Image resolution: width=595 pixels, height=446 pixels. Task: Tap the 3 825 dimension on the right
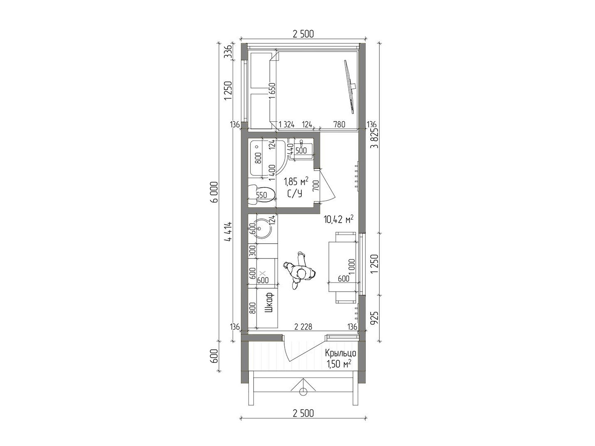pos(375,138)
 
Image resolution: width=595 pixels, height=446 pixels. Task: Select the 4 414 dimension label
pos(228,232)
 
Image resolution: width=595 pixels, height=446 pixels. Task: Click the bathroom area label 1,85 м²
pos(296,181)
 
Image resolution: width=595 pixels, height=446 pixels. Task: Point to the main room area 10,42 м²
pos(338,219)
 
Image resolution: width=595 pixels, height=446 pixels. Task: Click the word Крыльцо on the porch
pos(340,353)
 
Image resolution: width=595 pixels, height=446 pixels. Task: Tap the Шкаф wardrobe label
pos(269,302)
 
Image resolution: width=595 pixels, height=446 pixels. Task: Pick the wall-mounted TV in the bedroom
pos(350,87)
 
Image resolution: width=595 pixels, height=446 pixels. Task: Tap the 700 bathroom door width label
pos(316,186)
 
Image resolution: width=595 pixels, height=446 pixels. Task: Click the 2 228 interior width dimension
pos(303,327)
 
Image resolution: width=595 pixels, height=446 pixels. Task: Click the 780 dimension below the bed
pos(339,125)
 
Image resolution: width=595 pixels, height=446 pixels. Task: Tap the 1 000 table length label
pos(351,266)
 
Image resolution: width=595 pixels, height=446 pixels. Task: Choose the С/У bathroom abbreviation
pos(295,194)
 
